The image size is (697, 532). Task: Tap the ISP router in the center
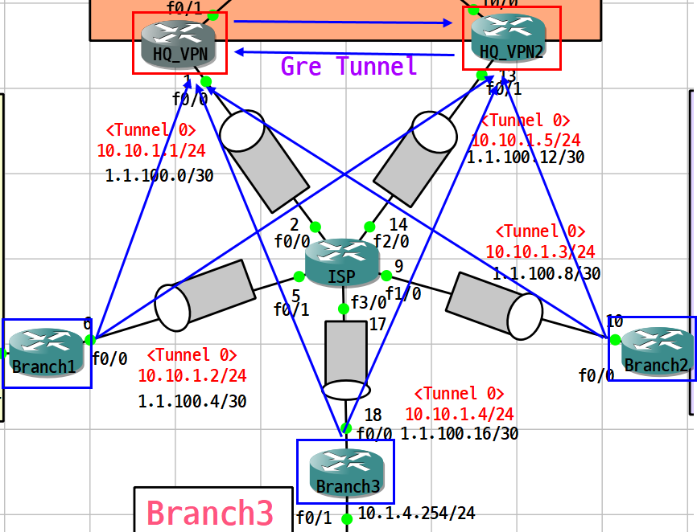342,261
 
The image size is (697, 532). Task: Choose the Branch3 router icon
346,471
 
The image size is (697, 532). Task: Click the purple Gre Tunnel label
349,66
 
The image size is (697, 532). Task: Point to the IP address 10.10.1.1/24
151,149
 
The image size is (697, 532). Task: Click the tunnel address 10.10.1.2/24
192,375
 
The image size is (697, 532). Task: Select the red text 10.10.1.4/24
459,414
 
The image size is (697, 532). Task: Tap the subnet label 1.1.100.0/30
159,175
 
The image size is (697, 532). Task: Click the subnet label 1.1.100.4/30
192,400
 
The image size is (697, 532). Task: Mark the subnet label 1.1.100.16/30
460,434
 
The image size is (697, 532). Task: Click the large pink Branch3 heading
210,512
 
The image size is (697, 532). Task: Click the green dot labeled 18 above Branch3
346,428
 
